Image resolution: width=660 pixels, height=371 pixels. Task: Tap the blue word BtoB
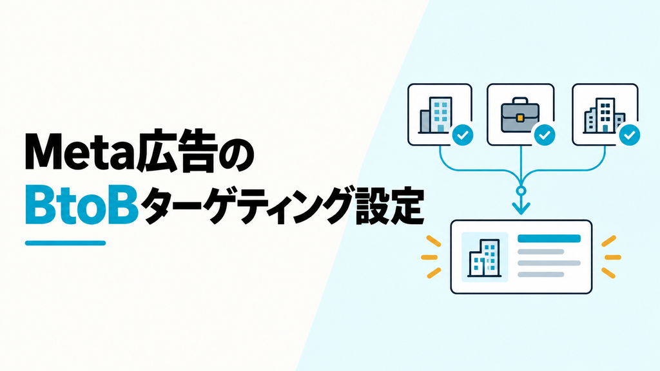click(x=82, y=205)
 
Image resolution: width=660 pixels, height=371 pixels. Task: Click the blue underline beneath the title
click(x=65, y=243)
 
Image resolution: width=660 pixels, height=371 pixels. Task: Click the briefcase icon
click(x=520, y=115)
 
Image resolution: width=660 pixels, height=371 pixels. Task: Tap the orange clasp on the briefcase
click(x=520, y=118)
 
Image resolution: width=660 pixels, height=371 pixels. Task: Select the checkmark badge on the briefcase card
click(x=545, y=135)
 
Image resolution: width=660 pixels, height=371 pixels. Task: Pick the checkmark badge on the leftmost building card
click(x=463, y=135)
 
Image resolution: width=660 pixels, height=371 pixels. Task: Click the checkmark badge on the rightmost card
click(x=629, y=135)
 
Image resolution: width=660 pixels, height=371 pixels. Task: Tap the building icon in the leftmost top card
click(x=436, y=115)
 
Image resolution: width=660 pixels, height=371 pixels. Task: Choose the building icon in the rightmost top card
click(x=603, y=115)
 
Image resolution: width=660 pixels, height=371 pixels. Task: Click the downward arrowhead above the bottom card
click(x=521, y=207)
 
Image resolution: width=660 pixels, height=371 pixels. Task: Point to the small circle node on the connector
click(x=521, y=191)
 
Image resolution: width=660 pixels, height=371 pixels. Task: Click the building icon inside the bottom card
click(x=485, y=258)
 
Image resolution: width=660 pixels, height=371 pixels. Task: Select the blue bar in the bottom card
click(x=549, y=239)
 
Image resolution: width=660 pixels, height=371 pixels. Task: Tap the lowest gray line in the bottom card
click(x=541, y=274)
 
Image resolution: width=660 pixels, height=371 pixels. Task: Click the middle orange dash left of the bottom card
click(x=430, y=257)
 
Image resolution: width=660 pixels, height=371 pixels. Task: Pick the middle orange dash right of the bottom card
click(x=612, y=257)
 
